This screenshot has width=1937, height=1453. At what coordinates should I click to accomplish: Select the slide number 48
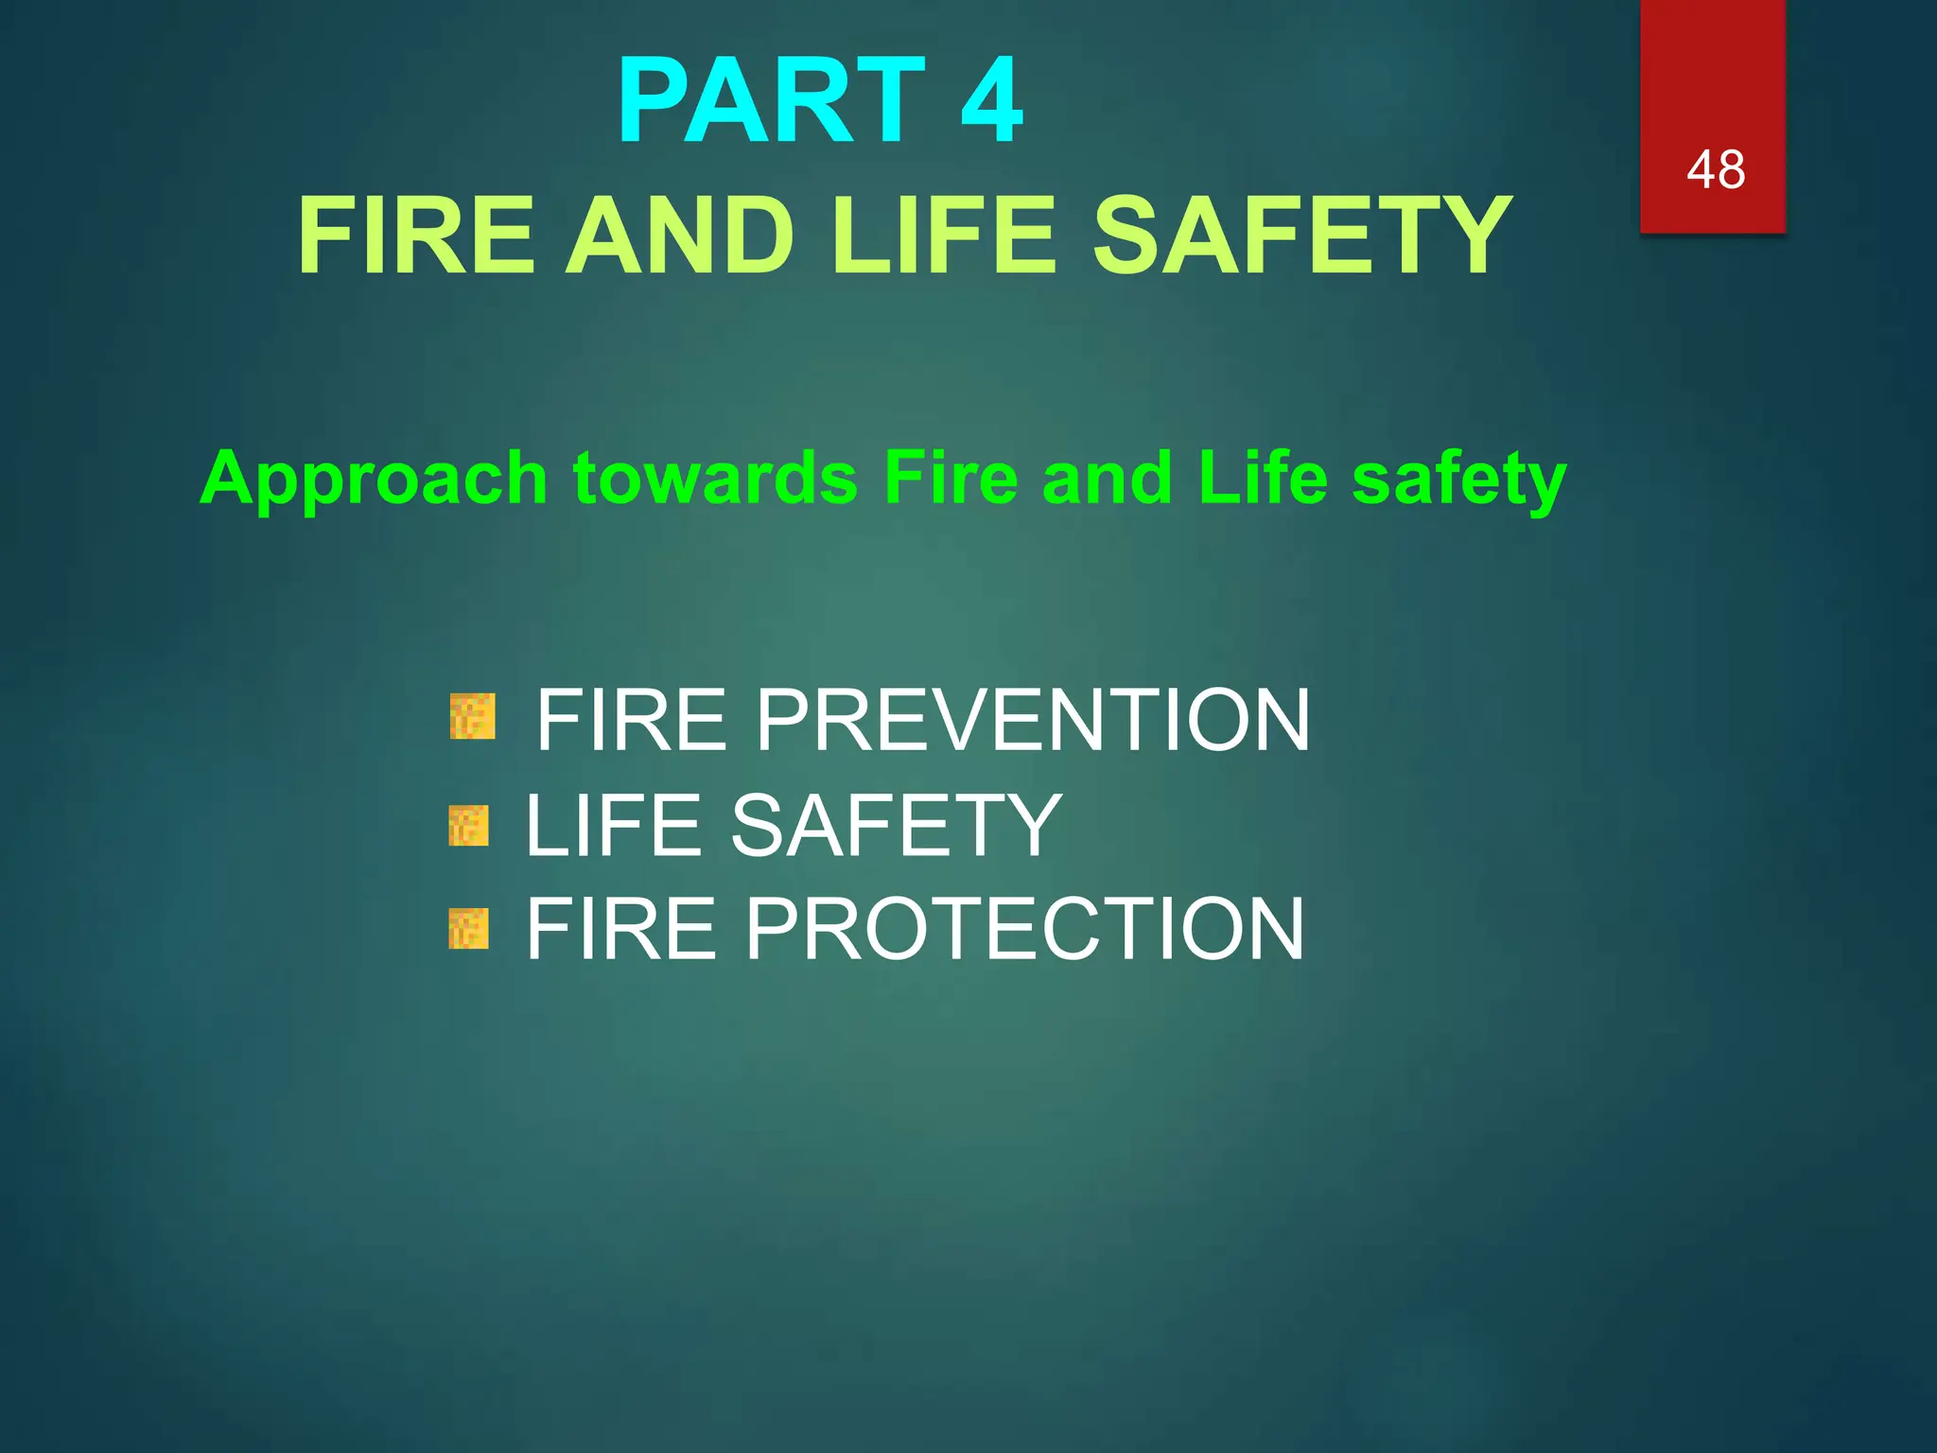[x=1715, y=170]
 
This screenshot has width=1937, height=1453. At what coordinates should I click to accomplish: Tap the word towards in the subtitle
[x=716, y=479]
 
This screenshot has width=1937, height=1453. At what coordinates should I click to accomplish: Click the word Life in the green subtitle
[x=1263, y=479]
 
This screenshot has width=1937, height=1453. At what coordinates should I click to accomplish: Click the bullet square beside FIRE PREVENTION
[x=472, y=716]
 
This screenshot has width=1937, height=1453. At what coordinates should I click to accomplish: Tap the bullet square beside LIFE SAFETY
[x=469, y=826]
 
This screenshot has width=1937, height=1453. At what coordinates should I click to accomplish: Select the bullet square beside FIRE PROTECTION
[x=469, y=929]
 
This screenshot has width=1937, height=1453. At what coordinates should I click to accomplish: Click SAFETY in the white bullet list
[x=896, y=826]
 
